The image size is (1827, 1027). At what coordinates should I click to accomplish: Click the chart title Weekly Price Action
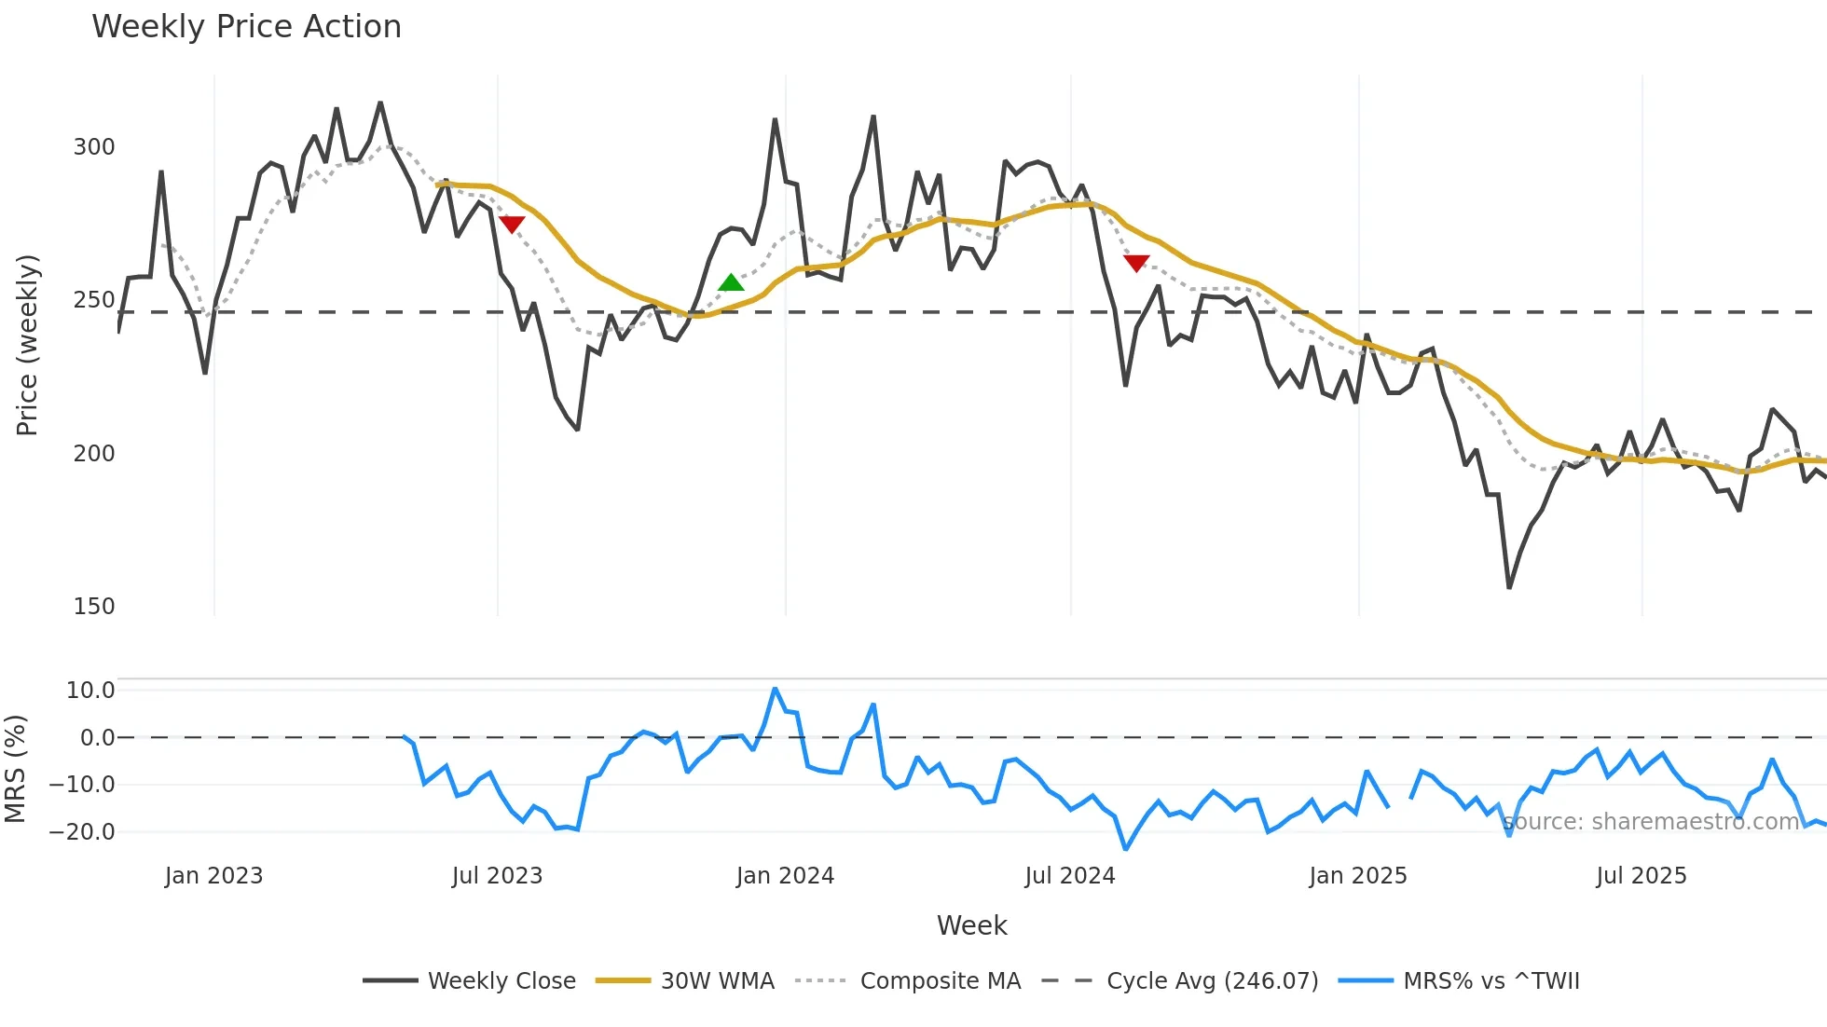pos(246,27)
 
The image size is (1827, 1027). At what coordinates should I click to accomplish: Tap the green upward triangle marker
pos(732,282)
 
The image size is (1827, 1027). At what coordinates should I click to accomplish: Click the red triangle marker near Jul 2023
pos(512,224)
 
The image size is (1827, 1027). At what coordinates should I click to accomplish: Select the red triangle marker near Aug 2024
pos(1136,263)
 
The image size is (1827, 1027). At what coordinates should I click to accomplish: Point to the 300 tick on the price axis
pos(94,147)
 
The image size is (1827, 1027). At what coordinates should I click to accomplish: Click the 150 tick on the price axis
pos(94,607)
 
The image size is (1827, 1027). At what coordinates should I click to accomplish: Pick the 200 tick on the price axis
pos(94,454)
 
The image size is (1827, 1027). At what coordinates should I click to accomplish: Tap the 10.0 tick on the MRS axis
pos(90,691)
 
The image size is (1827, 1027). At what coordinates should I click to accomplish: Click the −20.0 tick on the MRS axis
pos(82,832)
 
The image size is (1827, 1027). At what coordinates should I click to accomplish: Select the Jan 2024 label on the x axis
pos(785,876)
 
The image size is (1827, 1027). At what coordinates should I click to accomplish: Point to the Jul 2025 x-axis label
pos(1641,876)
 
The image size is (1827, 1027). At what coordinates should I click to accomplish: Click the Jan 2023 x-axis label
pos(213,876)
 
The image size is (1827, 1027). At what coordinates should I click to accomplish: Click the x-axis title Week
pos(971,925)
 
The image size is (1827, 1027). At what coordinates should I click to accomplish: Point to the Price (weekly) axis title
pos(27,345)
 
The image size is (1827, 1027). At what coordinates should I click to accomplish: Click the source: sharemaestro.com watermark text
pos(1651,822)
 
